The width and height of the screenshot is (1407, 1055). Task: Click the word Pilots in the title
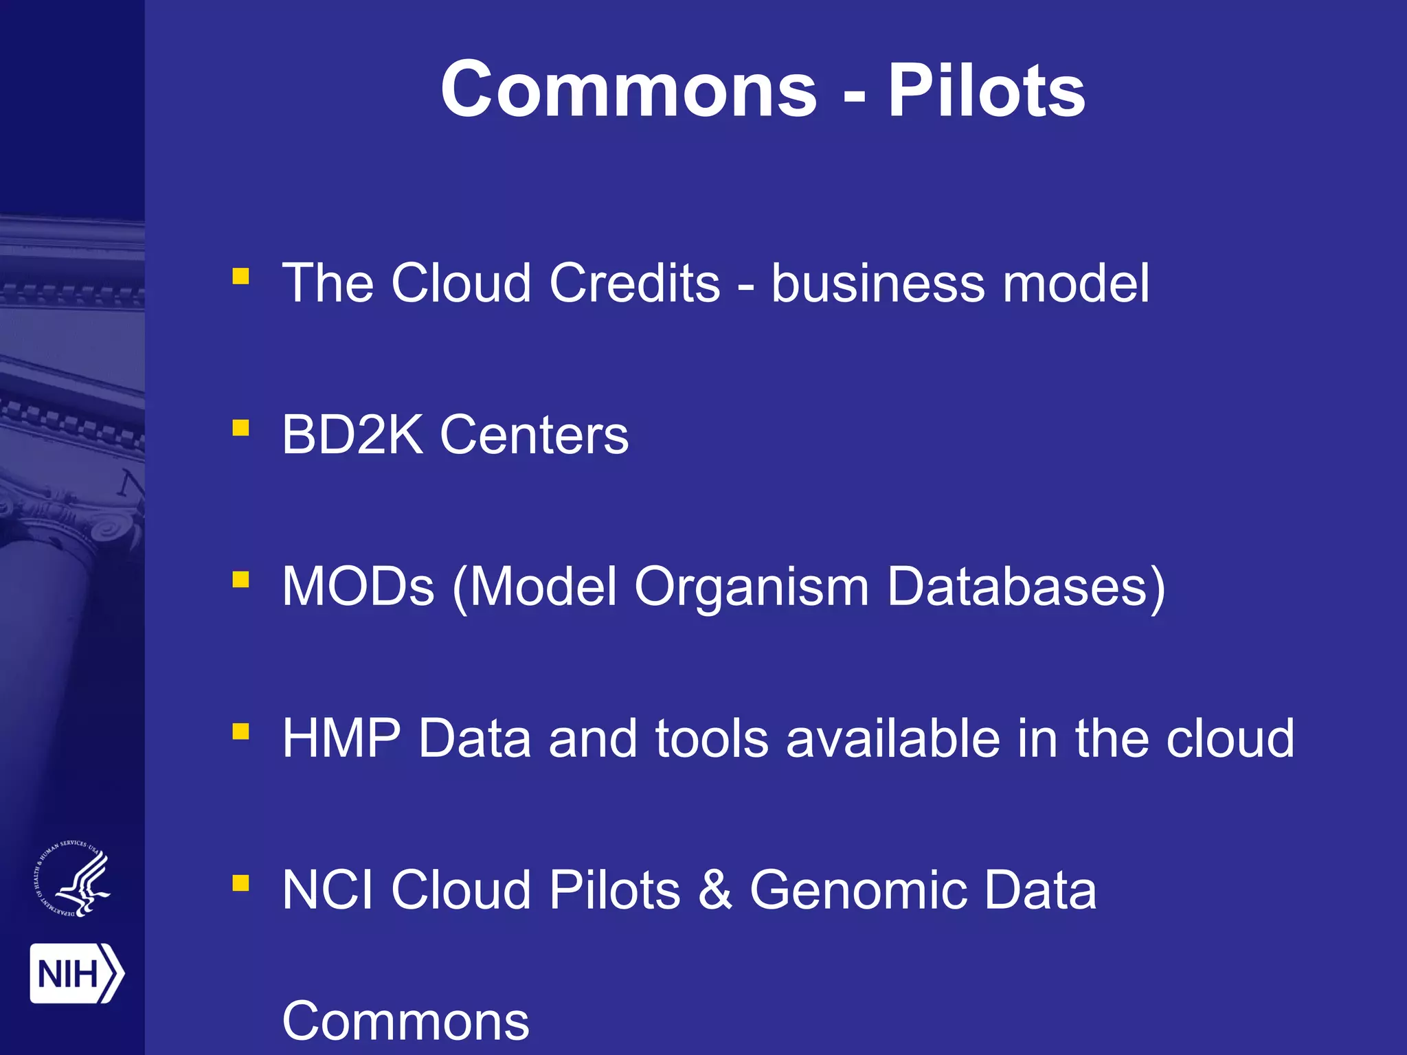click(x=986, y=91)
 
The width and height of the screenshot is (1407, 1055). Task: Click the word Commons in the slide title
click(x=629, y=91)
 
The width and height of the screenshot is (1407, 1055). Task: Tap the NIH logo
click(x=76, y=973)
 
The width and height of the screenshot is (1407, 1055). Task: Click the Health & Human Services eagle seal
click(x=72, y=879)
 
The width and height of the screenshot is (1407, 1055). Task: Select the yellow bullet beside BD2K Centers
click(x=240, y=429)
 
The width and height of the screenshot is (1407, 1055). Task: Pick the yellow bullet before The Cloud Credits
click(x=240, y=276)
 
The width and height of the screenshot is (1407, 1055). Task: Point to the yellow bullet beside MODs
click(x=240, y=580)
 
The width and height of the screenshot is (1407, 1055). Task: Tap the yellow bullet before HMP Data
click(x=240, y=732)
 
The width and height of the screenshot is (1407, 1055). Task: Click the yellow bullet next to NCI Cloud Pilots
click(x=240, y=883)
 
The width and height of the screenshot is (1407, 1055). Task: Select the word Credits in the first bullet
click(x=634, y=283)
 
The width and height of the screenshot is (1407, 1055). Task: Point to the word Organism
click(x=752, y=588)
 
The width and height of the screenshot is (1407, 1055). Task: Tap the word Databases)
click(x=1026, y=588)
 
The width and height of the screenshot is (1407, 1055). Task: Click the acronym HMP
click(x=341, y=739)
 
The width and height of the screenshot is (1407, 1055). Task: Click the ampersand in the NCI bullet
click(x=714, y=891)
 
